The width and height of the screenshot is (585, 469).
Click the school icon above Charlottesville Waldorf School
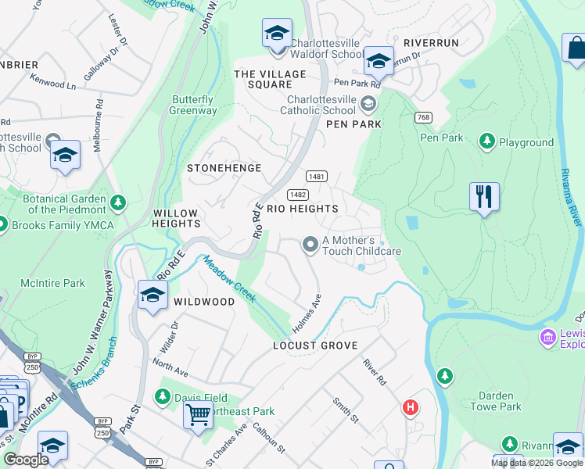pyautogui.click(x=276, y=34)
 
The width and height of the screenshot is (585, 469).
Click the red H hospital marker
pyautogui.click(x=410, y=407)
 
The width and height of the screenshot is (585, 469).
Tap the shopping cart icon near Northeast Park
pyautogui.click(x=198, y=414)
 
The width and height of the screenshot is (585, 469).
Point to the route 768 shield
pyautogui.click(x=423, y=117)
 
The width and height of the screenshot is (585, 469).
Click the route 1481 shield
pyautogui.click(x=317, y=177)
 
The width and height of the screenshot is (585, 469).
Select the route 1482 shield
pyautogui.click(x=297, y=194)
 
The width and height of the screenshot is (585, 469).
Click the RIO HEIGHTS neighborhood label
pyautogui.click(x=303, y=209)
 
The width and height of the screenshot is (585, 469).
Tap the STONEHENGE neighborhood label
pyautogui.click(x=224, y=168)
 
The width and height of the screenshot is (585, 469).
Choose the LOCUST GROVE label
pyautogui.click(x=315, y=345)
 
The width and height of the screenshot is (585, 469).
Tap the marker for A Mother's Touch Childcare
pyautogui.click(x=310, y=245)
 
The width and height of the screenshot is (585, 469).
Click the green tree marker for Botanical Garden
pyautogui.click(x=118, y=204)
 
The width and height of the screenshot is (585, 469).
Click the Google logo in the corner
pyautogui.click(x=26, y=460)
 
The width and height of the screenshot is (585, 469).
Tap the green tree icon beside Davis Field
pyautogui.click(x=163, y=398)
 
